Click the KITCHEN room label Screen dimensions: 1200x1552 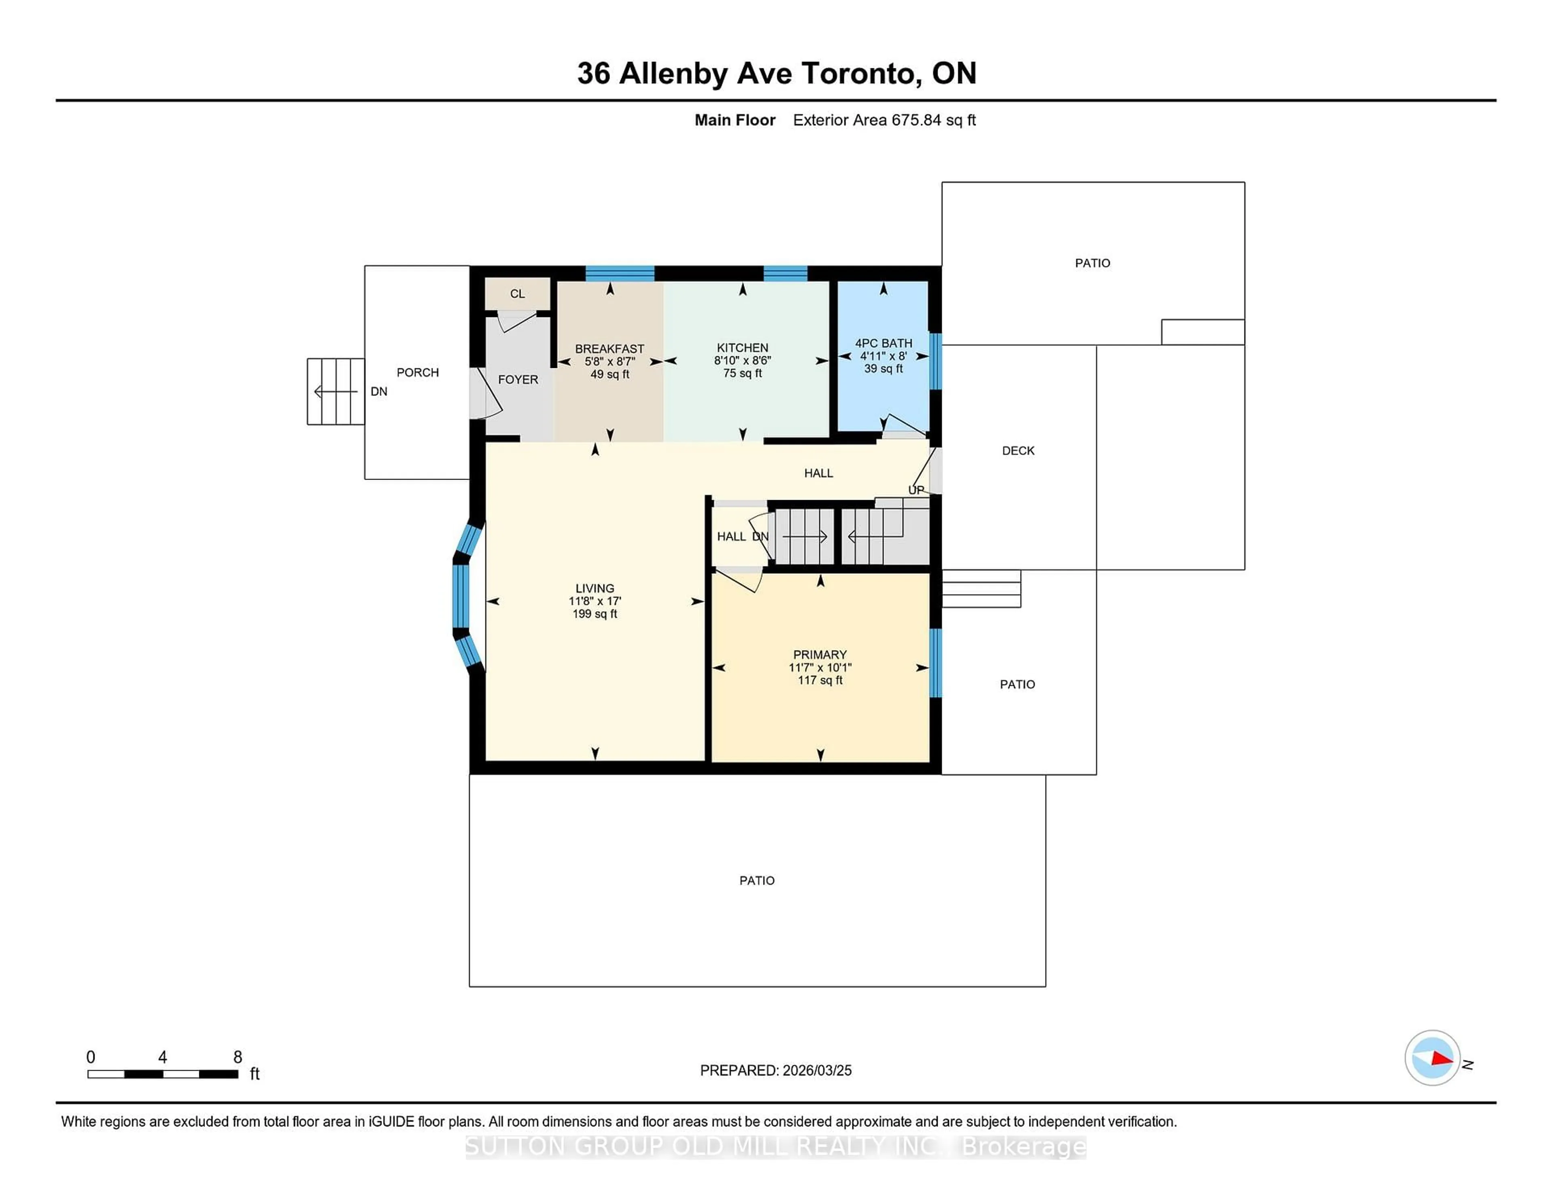coord(742,348)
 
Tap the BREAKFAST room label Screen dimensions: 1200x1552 coord(609,349)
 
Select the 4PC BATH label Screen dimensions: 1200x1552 coord(883,343)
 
